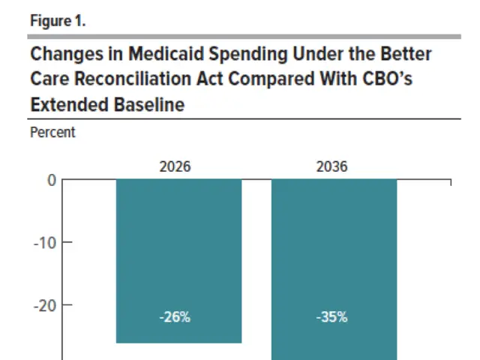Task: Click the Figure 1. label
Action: tap(58, 21)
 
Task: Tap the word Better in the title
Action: tap(405, 55)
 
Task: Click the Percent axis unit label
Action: tap(52, 133)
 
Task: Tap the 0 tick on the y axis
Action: tap(52, 180)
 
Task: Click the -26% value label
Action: tap(175, 317)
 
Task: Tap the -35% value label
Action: tap(331, 317)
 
